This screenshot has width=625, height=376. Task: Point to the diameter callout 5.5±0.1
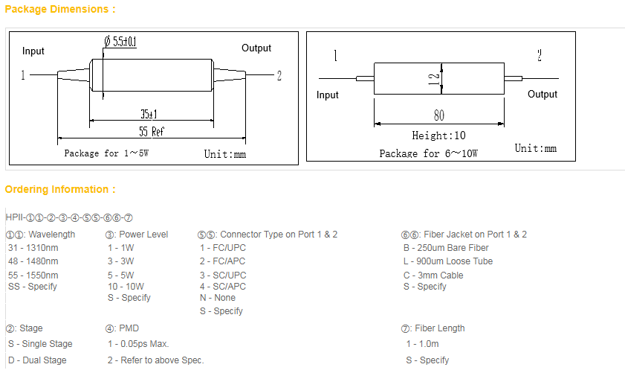120,41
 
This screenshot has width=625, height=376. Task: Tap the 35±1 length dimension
149,114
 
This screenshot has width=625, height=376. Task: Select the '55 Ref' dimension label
152,131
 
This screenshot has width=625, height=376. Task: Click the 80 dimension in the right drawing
439,115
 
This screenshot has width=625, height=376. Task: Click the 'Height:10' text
438,136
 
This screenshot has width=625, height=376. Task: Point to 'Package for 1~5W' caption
106,153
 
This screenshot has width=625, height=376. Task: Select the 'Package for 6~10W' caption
429,153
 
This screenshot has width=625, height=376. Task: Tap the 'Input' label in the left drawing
33,51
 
